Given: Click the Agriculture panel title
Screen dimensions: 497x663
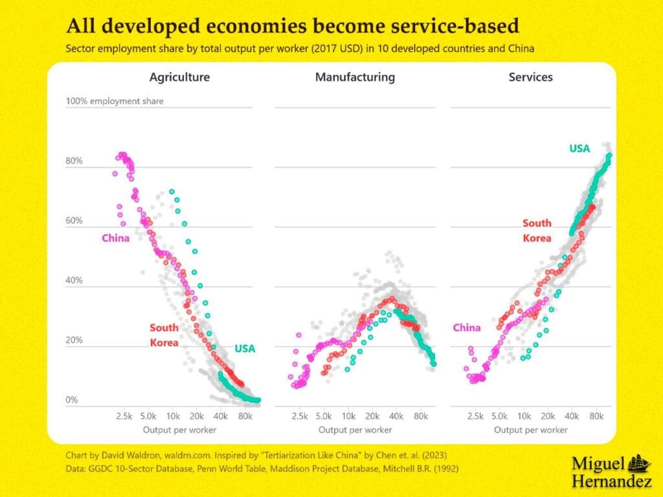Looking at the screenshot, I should point(179,77).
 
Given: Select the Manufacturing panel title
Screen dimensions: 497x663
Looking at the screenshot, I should point(355,77).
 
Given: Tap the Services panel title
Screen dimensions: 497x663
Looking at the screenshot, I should point(531,77).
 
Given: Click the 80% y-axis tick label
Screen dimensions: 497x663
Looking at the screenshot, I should point(74,161).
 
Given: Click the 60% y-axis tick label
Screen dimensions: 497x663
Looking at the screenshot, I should point(74,221).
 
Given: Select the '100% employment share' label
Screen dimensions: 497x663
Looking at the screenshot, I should point(115,101).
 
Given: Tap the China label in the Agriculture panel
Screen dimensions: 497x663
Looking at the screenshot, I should point(115,238).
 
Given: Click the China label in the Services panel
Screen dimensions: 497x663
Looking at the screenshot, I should point(467,327).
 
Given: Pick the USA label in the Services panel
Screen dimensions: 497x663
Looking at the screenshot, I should point(579,149).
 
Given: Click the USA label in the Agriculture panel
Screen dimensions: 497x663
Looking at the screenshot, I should point(245,349).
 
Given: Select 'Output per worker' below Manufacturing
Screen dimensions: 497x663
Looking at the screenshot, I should point(355,430).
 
